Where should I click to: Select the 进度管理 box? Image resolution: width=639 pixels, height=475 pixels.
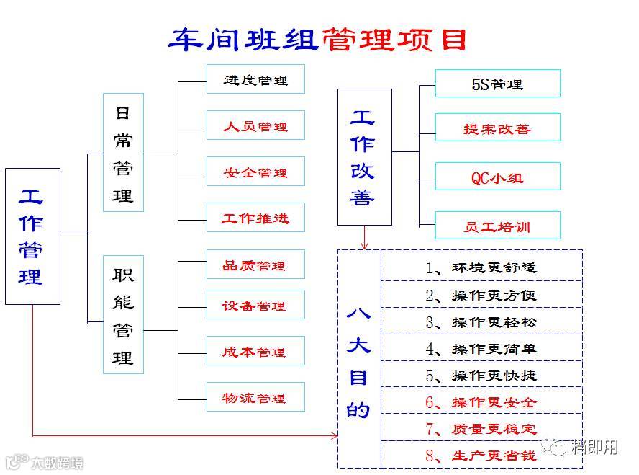255,80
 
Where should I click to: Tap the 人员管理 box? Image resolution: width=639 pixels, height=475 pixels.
255,126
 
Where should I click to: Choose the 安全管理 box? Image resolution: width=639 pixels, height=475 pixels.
255,172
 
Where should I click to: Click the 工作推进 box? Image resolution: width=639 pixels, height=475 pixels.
255,218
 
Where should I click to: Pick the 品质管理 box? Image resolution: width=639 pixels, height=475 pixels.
255,265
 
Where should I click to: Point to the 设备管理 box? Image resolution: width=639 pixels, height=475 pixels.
255,306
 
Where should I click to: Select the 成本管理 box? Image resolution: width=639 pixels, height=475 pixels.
255,352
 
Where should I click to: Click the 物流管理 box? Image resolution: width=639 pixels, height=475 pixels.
255,397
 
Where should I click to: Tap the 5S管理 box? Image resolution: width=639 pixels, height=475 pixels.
497,84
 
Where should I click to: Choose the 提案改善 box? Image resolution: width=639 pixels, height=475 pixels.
497,129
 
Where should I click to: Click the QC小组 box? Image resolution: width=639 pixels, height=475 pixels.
497,177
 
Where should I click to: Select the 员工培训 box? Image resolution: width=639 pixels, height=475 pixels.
497,226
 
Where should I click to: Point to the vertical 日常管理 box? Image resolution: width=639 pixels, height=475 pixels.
123,152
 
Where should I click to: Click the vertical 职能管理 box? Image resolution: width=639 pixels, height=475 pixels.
123,314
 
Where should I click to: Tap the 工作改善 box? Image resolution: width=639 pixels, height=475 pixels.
364,157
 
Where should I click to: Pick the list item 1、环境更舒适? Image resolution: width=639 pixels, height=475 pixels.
481,267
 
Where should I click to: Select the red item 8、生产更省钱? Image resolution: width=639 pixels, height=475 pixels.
481,456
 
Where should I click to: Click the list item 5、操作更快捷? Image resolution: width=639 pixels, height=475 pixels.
481,376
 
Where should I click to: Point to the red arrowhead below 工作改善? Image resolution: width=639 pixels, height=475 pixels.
365,246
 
